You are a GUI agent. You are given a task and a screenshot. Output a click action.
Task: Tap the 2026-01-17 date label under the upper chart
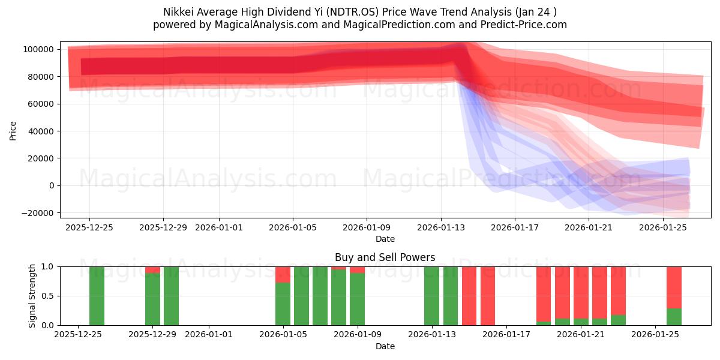[x=515, y=227]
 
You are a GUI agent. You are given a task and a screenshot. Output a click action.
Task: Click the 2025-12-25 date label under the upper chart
[x=89, y=227]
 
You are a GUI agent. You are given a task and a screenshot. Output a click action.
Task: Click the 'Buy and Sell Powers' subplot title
[x=385, y=257]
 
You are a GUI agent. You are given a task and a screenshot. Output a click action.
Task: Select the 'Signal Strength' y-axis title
[x=32, y=296]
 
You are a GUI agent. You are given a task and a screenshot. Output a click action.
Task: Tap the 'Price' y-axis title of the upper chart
[x=13, y=130]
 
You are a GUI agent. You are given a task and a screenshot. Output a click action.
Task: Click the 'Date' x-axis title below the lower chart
[x=385, y=346]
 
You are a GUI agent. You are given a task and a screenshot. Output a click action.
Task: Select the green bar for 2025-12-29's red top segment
[x=152, y=269]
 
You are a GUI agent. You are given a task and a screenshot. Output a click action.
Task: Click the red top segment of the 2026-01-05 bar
[x=283, y=274]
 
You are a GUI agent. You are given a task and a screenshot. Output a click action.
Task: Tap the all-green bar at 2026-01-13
[x=432, y=296]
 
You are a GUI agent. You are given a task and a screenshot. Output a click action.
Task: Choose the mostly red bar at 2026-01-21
[x=581, y=292]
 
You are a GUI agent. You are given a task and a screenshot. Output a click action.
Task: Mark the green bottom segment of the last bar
[x=674, y=317]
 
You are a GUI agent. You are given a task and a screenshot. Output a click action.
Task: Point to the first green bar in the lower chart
[x=97, y=296]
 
